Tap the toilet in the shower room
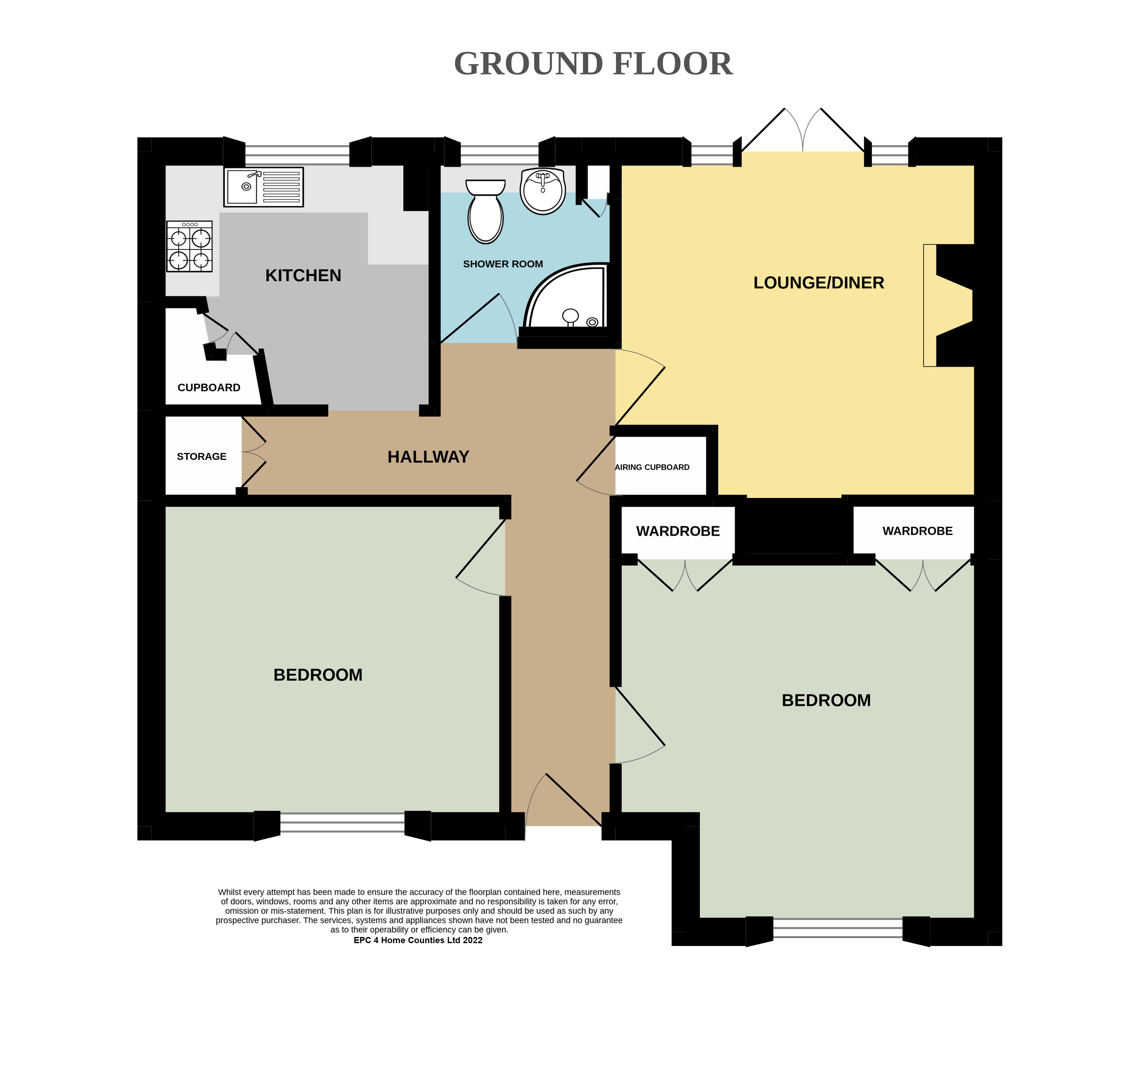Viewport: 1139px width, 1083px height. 485,211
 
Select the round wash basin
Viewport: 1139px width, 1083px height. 542,191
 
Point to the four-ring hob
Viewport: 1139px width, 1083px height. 189,246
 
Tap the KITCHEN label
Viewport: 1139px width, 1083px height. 303,275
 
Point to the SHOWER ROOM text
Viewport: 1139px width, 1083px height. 503,264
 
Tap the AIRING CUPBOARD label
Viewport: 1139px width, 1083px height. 652,467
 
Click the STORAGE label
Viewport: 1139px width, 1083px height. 202,456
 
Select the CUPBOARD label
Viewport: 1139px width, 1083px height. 209,387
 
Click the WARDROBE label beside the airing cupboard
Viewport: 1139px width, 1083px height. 678,531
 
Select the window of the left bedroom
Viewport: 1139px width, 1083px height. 342,823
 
